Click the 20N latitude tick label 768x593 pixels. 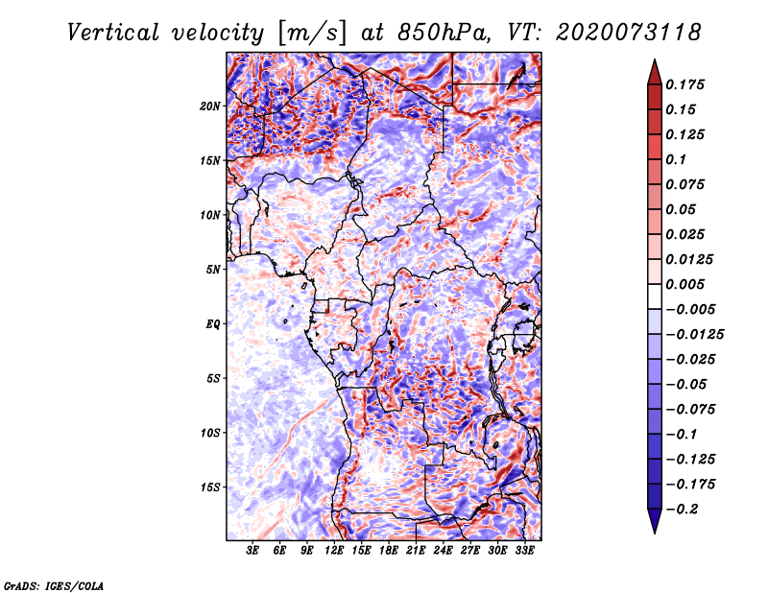210,106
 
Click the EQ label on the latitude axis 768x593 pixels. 212,324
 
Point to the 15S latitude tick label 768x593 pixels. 210,487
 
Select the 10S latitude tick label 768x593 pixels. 210,433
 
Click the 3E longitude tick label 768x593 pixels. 253,553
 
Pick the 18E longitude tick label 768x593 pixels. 389,553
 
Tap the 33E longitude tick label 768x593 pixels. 524,553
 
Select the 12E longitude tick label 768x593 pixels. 334,553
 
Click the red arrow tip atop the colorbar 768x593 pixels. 653,66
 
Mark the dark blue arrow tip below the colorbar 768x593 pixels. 653,526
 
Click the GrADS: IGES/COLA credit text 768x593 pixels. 53,584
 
